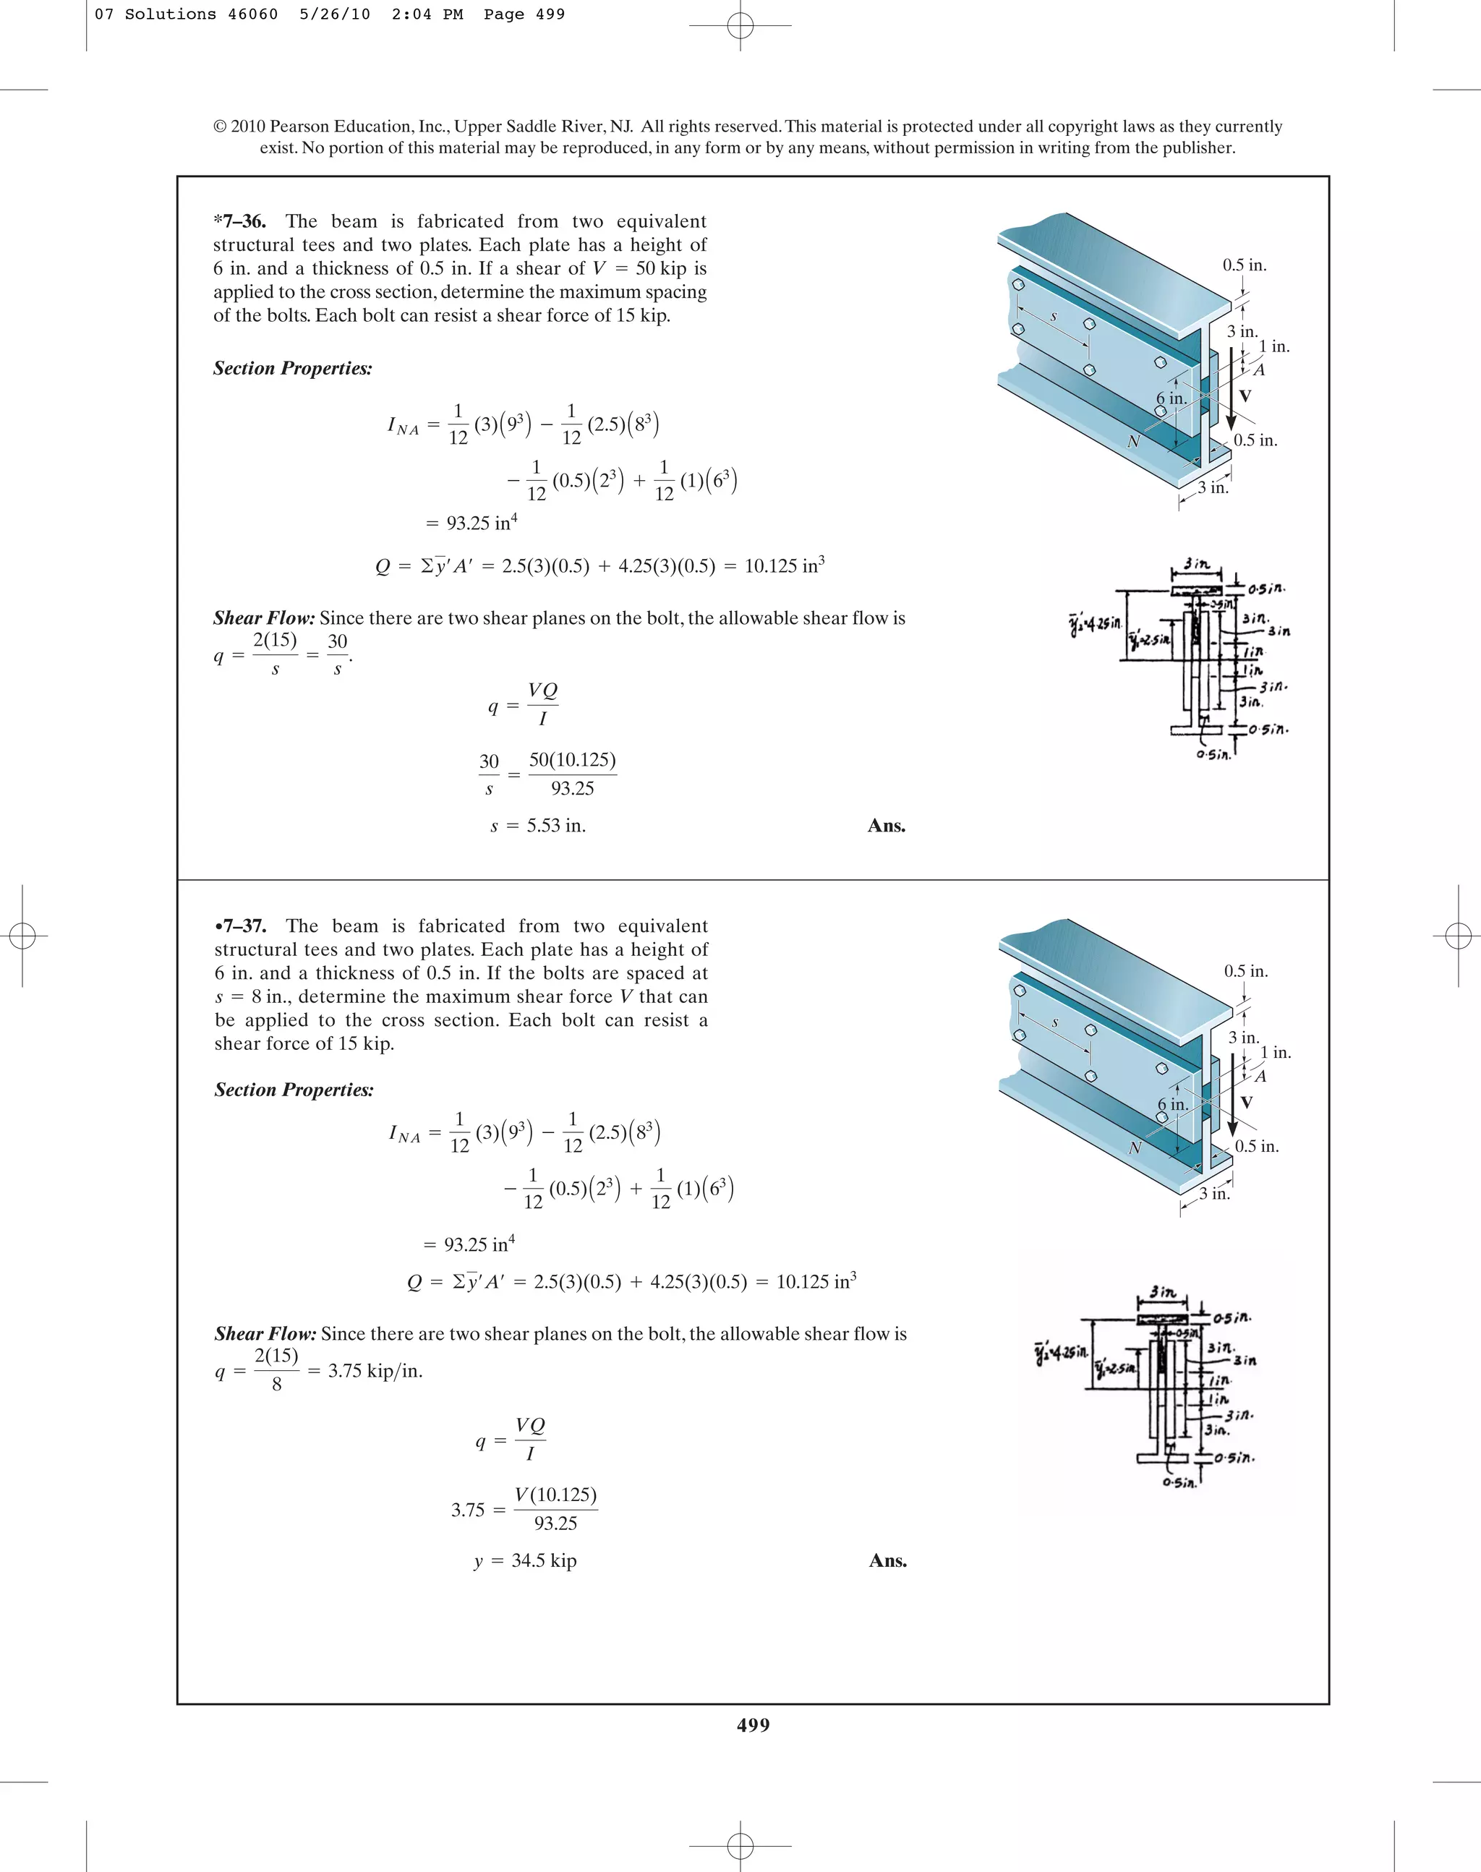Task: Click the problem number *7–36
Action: click(239, 221)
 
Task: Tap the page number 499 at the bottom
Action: click(753, 1724)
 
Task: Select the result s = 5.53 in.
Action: click(537, 826)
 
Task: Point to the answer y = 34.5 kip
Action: click(526, 1560)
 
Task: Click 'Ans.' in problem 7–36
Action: click(886, 826)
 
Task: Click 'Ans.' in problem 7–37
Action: click(888, 1560)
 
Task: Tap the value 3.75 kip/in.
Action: click(375, 1371)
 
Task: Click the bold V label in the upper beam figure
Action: click(1245, 396)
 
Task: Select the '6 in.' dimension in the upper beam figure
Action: click(1171, 398)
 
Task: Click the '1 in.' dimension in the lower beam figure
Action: click(1276, 1053)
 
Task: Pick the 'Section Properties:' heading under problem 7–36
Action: click(292, 369)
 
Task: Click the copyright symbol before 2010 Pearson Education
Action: click(221, 127)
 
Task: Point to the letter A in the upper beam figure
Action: click(1259, 370)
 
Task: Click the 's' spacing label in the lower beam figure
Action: click(1055, 1022)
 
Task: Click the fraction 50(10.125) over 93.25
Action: click(572, 774)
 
